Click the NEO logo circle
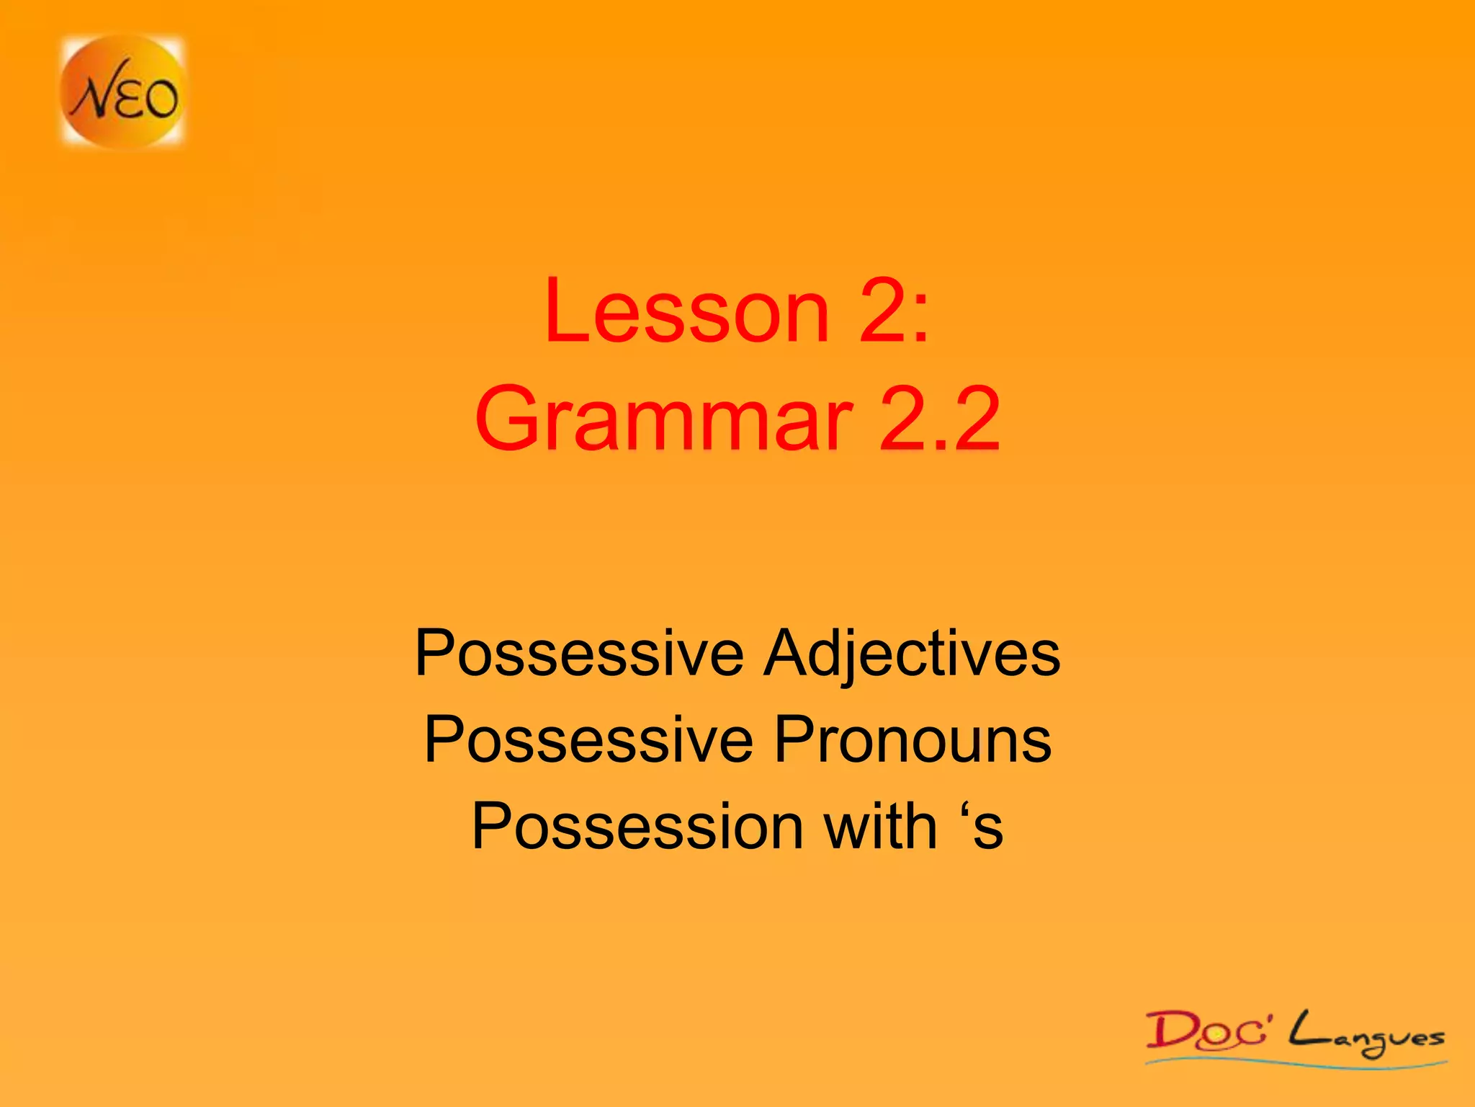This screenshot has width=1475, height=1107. click(x=122, y=92)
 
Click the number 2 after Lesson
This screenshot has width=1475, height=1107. click(x=881, y=311)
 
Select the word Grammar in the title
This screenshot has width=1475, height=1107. click(x=663, y=419)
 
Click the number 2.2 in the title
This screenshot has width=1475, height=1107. click(x=939, y=419)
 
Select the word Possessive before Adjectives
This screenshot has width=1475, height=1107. click(x=579, y=654)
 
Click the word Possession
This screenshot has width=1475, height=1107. click(x=637, y=827)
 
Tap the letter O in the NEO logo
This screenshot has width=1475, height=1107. click(x=160, y=99)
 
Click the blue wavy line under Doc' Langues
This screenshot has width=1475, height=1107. click(x=1296, y=1060)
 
